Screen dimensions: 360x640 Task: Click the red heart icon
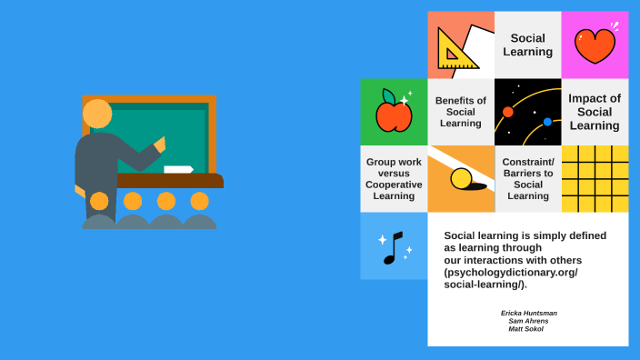click(x=595, y=45)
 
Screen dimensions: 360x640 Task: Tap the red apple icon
click(x=394, y=114)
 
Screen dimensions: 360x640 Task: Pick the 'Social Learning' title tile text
click(x=528, y=45)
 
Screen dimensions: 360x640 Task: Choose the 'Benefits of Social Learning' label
click(x=461, y=112)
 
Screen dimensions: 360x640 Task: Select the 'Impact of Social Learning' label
click(x=595, y=112)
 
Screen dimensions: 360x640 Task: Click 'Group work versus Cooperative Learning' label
click(x=394, y=179)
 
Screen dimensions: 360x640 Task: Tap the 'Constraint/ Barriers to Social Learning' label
click(x=528, y=178)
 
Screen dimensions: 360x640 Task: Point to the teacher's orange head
click(x=97, y=114)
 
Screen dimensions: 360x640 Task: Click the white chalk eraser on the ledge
click(x=178, y=169)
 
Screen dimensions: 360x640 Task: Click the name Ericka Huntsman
click(x=528, y=313)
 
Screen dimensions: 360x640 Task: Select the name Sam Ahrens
click(x=528, y=321)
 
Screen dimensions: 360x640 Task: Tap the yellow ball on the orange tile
click(x=462, y=178)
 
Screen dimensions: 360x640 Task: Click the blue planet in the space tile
click(x=547, y=122)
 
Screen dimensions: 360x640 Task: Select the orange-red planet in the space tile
click(x=508, y=112)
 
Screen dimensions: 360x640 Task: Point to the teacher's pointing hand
click(x=161, y=144)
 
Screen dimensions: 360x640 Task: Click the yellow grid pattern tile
click(x=595, y=179)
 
